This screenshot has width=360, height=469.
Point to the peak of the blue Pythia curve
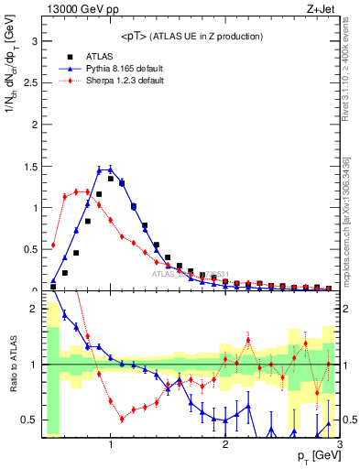point(110,169)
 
